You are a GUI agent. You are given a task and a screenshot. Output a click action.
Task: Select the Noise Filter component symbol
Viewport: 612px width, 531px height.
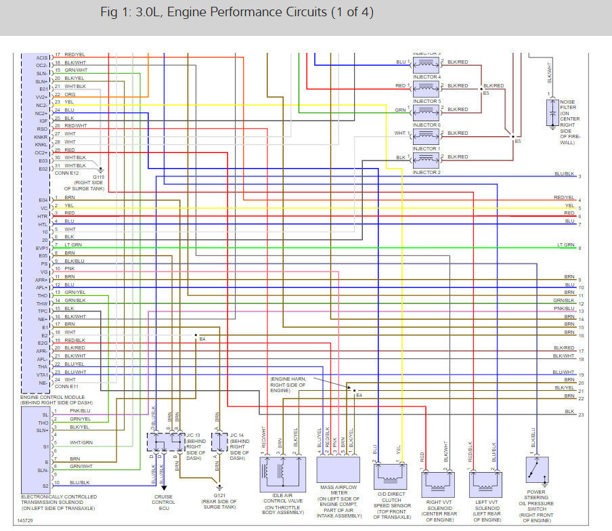click(552, 112)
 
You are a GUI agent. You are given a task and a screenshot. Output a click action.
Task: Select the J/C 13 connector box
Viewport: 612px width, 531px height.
click(167, 442)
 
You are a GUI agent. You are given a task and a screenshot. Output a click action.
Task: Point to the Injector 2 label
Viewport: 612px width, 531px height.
click(427, 173)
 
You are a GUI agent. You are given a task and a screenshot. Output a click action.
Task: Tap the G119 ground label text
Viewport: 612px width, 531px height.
click(99, 177)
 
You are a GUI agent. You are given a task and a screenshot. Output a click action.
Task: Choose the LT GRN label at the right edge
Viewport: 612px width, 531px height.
click(565, 245)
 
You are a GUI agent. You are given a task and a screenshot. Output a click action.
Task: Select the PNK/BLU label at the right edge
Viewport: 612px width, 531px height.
click(564, 308)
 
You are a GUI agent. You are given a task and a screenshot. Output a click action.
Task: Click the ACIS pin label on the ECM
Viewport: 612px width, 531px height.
click(41, 58)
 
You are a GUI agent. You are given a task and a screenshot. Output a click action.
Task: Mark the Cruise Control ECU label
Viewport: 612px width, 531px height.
click(164, 501)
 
